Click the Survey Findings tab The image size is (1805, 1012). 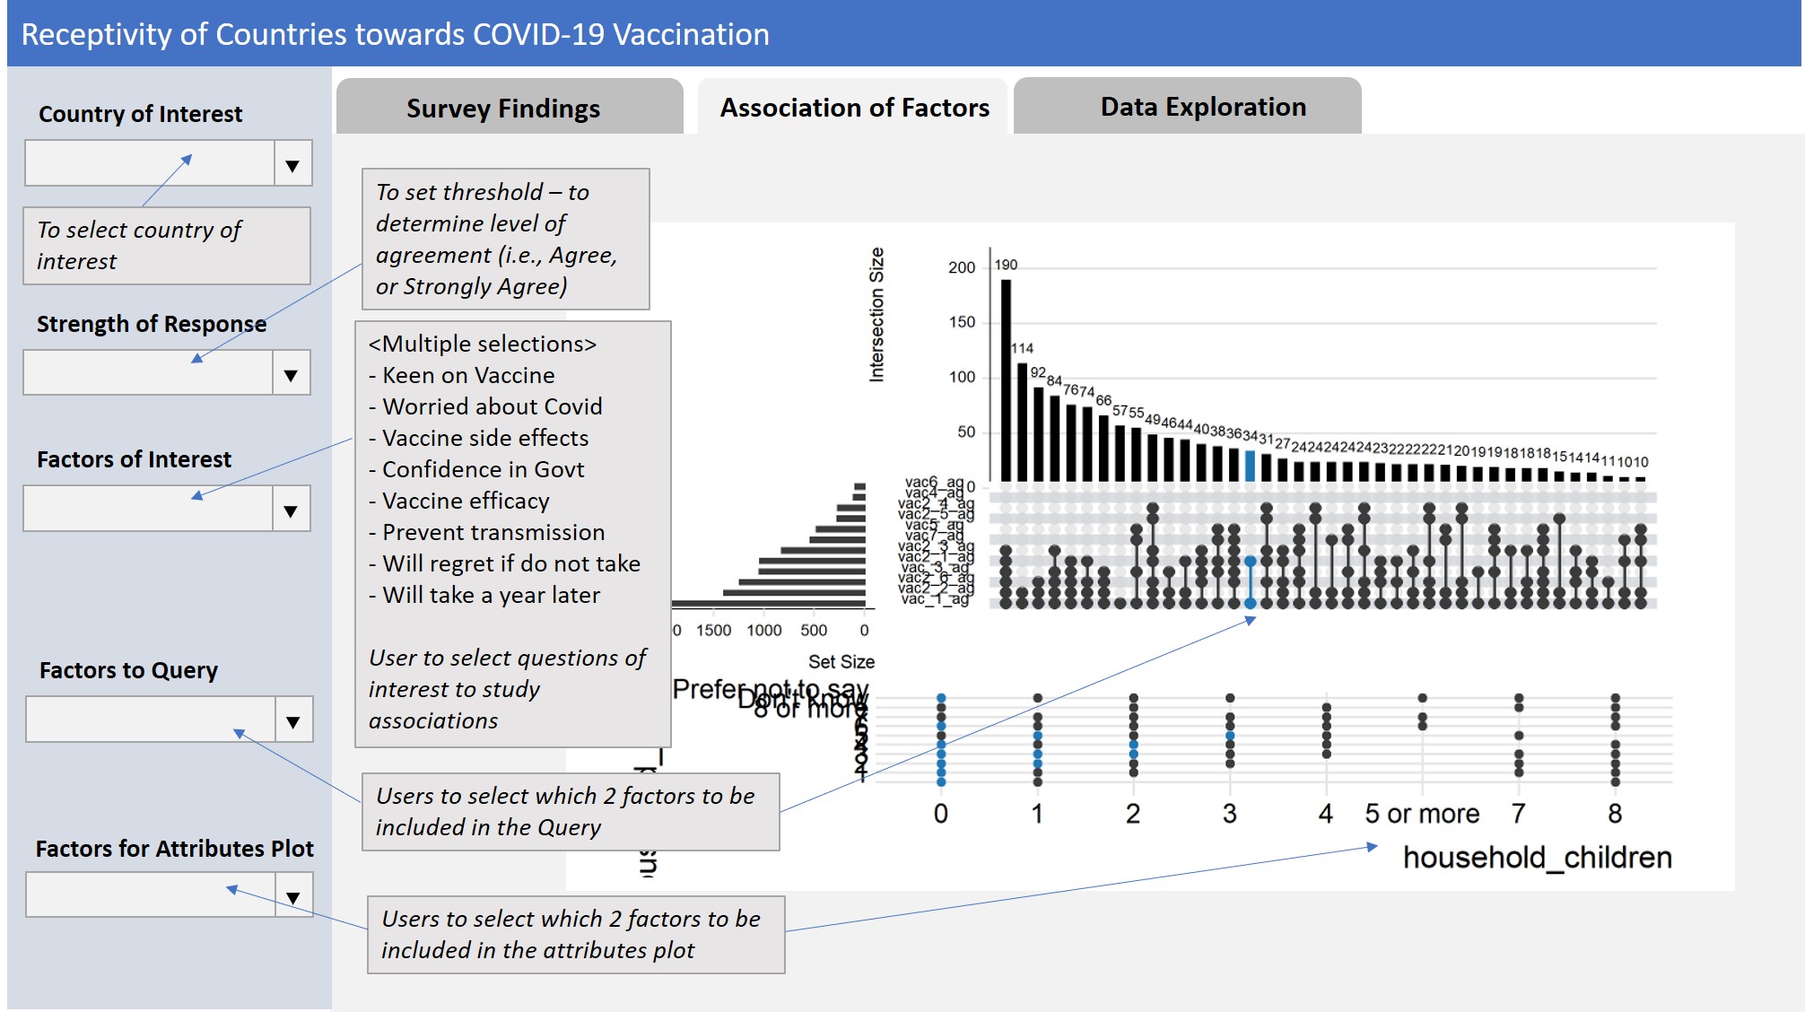pyautogui.click(x=502, y=109)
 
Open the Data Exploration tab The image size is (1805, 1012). pyautogui.click(x=1202, y=107)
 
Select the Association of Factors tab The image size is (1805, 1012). pyautogui.click(x=854, y=108)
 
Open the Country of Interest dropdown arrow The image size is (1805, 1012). pyautogui.click(x=292, y=165)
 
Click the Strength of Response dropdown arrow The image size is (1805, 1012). pyautogui.click(x=291, y=374)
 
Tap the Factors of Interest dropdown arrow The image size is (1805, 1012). pyautogui.click(x=291, y=510)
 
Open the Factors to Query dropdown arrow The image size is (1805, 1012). pyautogui.click(x=292, y=721)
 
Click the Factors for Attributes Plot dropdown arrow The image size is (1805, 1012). pyautogui.click(x=292, y=896)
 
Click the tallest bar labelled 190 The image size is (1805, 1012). pyautogui.click(x=1006, y=381)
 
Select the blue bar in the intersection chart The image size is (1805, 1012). pyautogui.click(x=1250, y=466)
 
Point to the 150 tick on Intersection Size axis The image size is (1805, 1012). pyautogui.click(x=962, y=322)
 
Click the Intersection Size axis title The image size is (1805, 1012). pyautogui.click(x=876, y=314)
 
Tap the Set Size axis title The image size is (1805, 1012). pyautogui.click(x=841, y=662)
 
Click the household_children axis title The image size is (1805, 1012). pyautogui.click(x=1537, y=858)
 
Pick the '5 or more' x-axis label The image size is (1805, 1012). pyautogui.click(x=1422, y=814)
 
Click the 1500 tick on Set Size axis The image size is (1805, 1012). pyautogui.click(x=713, y=631)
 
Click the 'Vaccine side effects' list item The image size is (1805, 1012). pyautogui.click(x=485, y=438)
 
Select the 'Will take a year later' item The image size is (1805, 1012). pyautogui.click(x=491, y=595)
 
